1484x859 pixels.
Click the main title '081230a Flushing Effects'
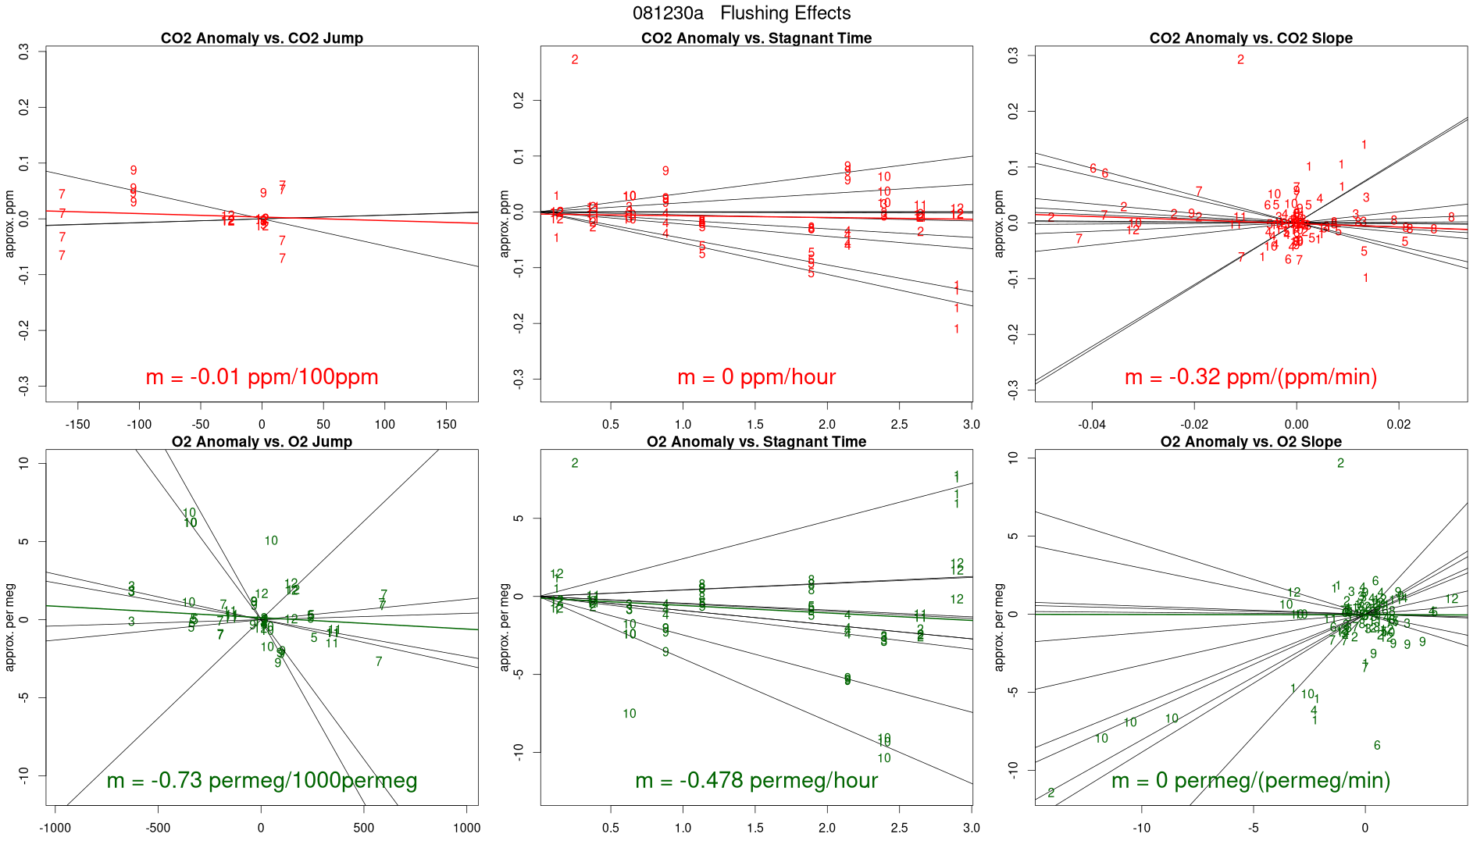point(741,13)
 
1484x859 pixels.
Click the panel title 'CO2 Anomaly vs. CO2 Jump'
point(262,38)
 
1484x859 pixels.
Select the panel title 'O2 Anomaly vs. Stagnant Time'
point(756,442)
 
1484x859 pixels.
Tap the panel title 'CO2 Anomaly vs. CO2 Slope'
point(1250,38)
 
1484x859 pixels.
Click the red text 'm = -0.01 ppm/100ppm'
point(262,377)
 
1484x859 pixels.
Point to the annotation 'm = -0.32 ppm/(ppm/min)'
point(1250,377)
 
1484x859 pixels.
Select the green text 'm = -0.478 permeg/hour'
point(756,780)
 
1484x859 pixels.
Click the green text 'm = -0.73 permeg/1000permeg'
point(262,780)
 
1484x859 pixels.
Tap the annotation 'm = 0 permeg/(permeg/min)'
point(1250,780)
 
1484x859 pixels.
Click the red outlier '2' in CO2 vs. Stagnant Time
point(575,60)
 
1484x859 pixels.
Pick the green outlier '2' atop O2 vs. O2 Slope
point(1340,463)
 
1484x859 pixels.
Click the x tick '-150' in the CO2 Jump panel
point(77,425)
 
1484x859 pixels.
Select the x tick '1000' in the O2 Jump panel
point(466,828)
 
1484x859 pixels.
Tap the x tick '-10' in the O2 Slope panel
point(1141,828)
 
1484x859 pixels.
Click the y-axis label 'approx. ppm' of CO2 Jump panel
point(10,224)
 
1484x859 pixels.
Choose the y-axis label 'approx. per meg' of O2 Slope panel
point(999,627)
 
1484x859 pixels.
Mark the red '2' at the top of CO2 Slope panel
point(1240,60)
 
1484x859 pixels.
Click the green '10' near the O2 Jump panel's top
point(189,514)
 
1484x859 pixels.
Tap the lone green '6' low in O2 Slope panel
point(1377,746)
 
